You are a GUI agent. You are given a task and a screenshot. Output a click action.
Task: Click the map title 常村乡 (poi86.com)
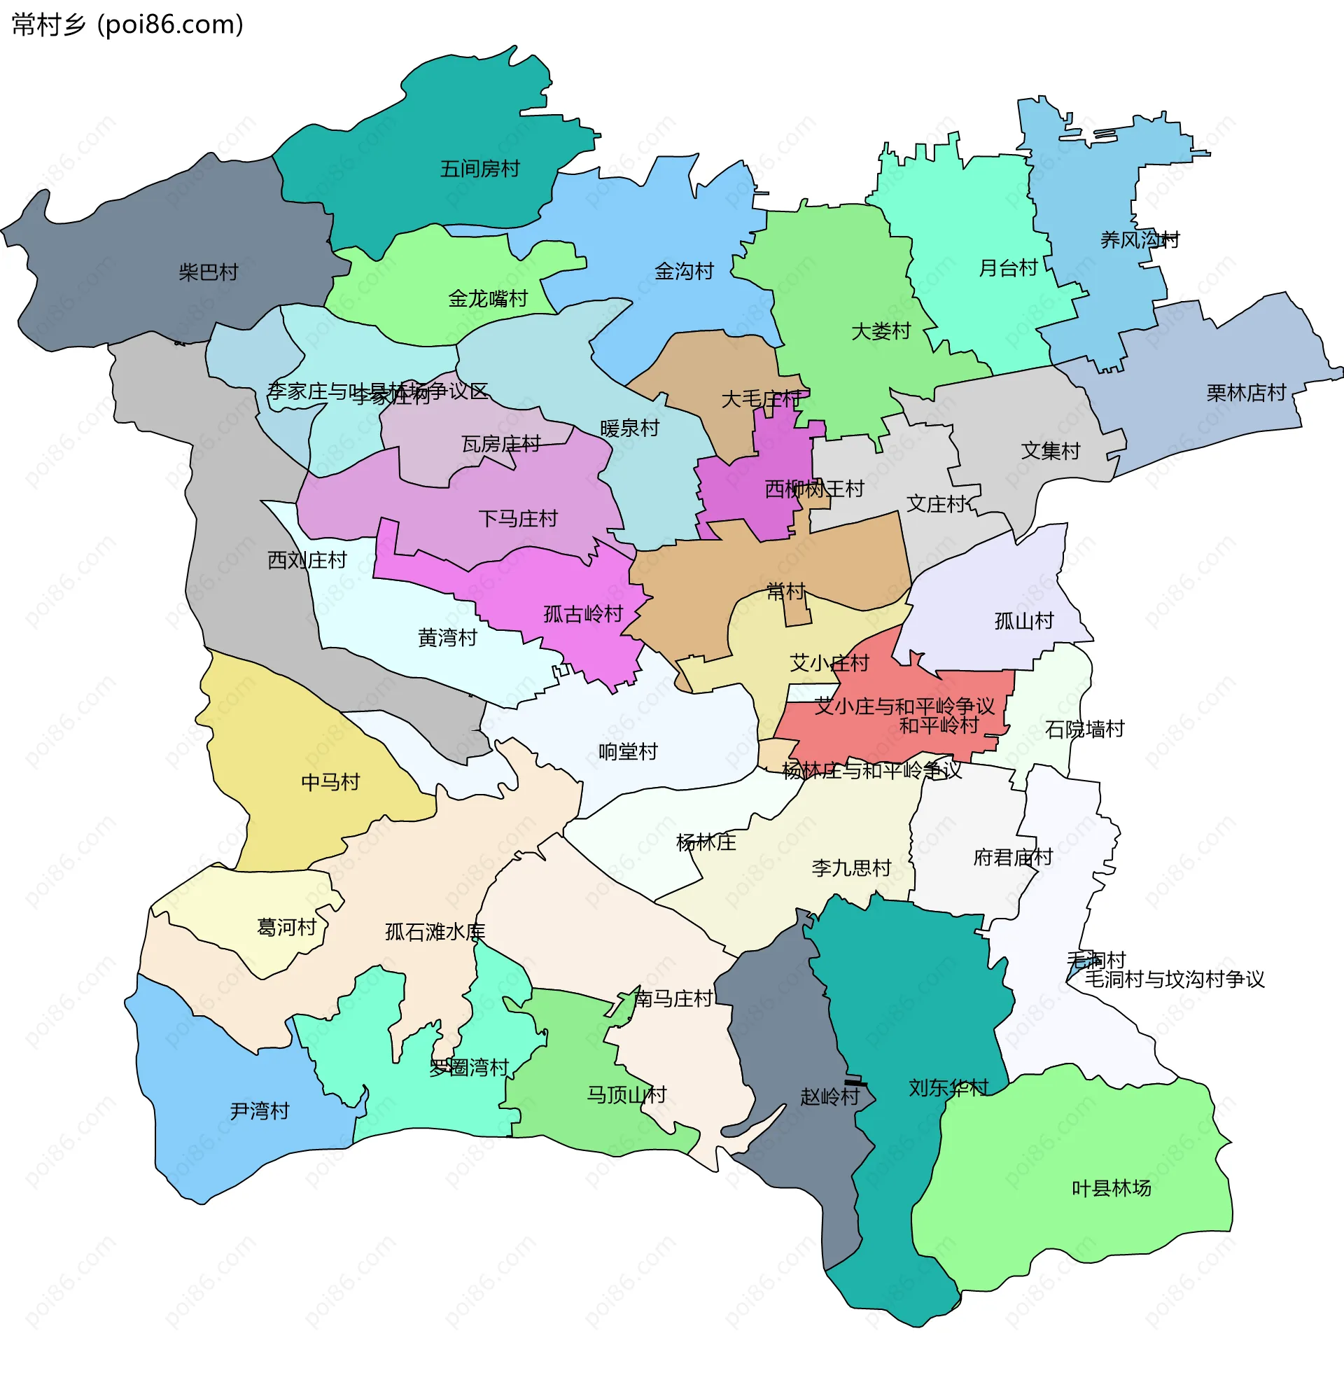(x=128, y=25)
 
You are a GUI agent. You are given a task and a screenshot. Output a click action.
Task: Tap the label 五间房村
(x=480, y=169)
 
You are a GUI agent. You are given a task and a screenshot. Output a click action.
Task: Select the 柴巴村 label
(x=208, y=272)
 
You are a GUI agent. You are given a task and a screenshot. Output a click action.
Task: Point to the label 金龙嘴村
(x=488, y=298)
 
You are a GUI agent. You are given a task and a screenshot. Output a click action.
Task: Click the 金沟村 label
(x=684, y=271)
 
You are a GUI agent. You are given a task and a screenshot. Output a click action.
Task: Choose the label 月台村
(x=1008, y=268)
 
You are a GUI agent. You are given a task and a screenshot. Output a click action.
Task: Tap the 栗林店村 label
(x=1246, y=393)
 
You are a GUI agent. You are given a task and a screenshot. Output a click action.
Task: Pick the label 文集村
(x=1051, y=450)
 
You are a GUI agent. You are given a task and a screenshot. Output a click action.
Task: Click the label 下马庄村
(x=518, y=519)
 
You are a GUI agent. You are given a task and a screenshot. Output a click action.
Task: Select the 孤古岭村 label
(x=583, y=614)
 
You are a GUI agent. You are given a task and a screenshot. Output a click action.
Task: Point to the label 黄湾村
(x=447, y=637)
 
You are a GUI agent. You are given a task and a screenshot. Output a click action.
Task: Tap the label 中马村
(x=330, y=781)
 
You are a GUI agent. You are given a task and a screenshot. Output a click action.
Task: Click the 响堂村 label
(x=627, y=751)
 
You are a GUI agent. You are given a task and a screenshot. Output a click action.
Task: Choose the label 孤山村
(x=1023, y=620)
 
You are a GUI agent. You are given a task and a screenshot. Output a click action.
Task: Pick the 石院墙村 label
(x=1084, y=729)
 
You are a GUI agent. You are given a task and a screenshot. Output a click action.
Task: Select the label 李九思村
(x=851, y=867)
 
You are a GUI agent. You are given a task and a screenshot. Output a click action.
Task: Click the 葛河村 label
(x=286, y=927)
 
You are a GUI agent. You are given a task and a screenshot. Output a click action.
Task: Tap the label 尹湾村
(x=260, y=1110)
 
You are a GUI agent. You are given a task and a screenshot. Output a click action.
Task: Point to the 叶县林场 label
(x=1111, y=1188)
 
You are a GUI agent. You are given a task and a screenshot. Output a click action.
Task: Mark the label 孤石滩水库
(x=435, y=932)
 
